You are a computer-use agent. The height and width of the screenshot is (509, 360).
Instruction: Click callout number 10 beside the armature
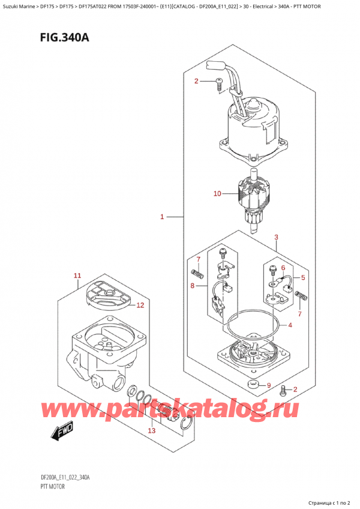[218, 194]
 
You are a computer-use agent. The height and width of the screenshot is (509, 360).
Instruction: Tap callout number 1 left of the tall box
[162, 216]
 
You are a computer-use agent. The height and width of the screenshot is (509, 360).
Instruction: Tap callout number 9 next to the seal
[269, 385]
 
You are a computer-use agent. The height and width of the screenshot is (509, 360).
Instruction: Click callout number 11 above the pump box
[77, 276]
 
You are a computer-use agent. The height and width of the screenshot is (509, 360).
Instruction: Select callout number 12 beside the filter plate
[140, 306]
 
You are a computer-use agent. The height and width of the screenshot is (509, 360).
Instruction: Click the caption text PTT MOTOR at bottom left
[38, 486]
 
